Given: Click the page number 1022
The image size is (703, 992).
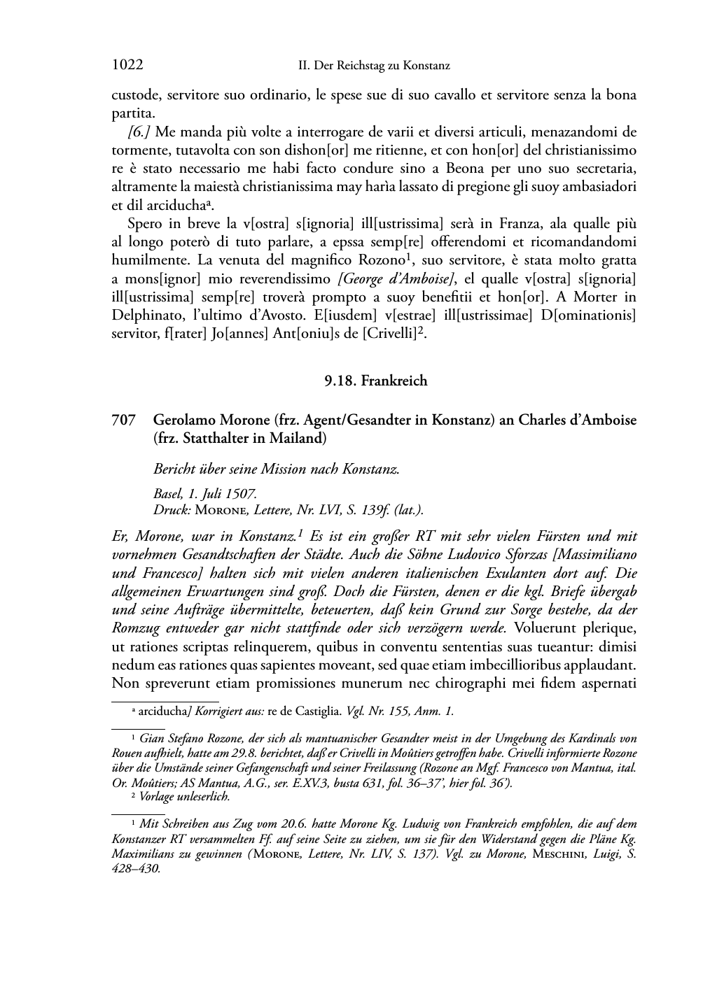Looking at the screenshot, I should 127,66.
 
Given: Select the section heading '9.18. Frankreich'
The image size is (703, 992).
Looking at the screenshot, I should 375,381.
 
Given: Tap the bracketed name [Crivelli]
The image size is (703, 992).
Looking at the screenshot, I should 390,334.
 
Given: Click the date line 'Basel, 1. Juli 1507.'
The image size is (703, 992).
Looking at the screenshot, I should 205,493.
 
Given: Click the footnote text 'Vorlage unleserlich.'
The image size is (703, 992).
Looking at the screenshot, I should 185,797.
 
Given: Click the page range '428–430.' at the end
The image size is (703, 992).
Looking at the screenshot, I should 136,868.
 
